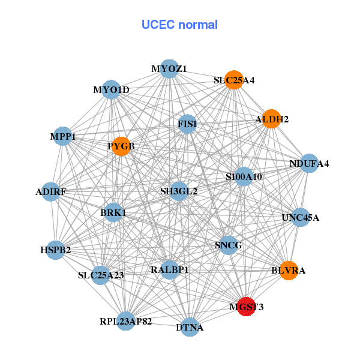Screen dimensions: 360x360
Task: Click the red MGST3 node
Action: click(247, 307)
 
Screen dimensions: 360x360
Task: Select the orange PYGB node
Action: click(121, 146)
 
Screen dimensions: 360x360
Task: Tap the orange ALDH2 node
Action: click(271, 119)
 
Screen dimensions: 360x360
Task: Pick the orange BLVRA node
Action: click(289, 271)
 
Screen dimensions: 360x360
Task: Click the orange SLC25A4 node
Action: click(234, 80)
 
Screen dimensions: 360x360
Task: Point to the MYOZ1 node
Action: click(169, 69)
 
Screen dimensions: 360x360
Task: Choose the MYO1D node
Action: click(111, 90)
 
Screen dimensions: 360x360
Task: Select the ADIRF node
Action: click(50, 192)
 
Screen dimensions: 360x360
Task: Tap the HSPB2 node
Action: click(55, 250)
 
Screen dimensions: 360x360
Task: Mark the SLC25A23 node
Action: click(101, 275)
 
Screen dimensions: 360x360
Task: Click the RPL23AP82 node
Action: click(126, 322)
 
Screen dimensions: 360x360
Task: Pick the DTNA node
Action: click(190, 327)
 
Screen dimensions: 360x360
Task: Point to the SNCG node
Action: click(228, 245)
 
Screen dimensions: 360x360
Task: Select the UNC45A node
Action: click(300, 217)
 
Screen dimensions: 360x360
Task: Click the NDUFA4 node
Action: click(309, 163)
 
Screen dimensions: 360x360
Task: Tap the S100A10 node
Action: click(244, 176)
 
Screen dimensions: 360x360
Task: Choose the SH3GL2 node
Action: click(178, 191)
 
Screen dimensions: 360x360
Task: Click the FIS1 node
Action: click(187, 124)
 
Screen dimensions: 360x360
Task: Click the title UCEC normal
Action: click(179, 25)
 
